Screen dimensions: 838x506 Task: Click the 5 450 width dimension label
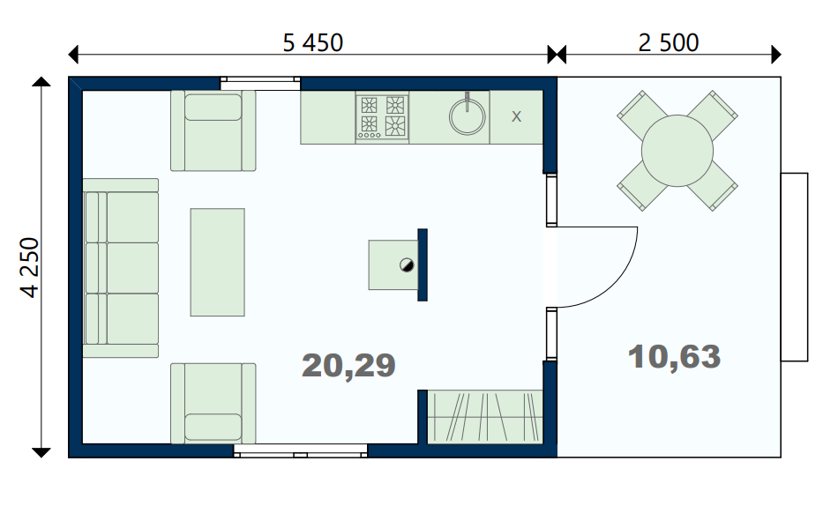312,42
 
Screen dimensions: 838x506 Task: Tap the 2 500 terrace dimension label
669,42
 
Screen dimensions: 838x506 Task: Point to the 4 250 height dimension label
30,267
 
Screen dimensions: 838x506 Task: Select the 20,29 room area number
348,366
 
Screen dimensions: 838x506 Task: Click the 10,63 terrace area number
674,356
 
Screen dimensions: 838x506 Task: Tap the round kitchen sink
468,115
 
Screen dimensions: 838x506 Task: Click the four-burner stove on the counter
382,117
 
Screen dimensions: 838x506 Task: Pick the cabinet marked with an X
516,117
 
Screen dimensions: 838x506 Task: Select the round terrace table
677,151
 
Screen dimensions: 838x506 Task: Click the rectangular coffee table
218,263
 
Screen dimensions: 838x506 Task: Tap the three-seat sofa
121,268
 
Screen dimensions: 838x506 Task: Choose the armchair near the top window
213,130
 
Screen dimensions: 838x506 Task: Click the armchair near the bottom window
213,404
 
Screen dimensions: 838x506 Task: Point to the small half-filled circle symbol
407,264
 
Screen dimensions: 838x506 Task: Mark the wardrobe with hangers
485,417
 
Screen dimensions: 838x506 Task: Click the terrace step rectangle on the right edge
794,267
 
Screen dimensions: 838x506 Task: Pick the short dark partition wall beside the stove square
423,265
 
